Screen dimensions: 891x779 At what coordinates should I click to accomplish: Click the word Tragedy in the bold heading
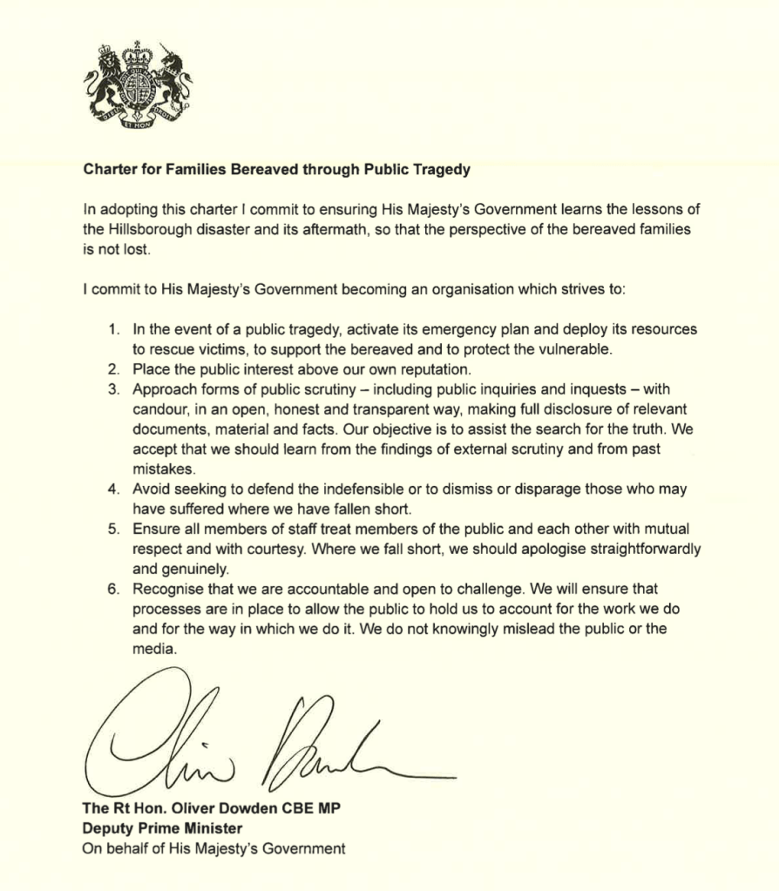coord(442,171)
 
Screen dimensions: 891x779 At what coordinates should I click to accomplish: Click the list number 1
coord(113,330)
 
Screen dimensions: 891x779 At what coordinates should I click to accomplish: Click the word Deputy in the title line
coord(106,827)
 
